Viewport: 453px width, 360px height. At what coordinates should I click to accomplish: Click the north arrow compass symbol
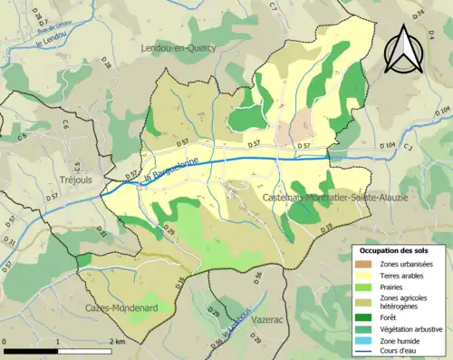(x=402, y=50)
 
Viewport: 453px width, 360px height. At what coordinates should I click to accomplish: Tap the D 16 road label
(x=178, y=281)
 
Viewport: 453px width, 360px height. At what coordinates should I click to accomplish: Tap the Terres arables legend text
(x=406, y=275)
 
